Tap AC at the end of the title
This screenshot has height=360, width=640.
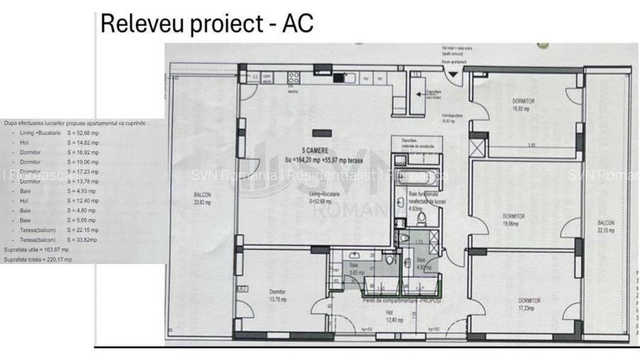[296, 23]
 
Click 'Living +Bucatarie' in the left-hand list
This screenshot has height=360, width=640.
[41, 133]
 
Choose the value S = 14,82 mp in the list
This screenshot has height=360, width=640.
[82, 142]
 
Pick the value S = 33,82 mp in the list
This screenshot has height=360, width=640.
[82, 240]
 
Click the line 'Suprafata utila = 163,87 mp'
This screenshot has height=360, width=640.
[36, 250]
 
